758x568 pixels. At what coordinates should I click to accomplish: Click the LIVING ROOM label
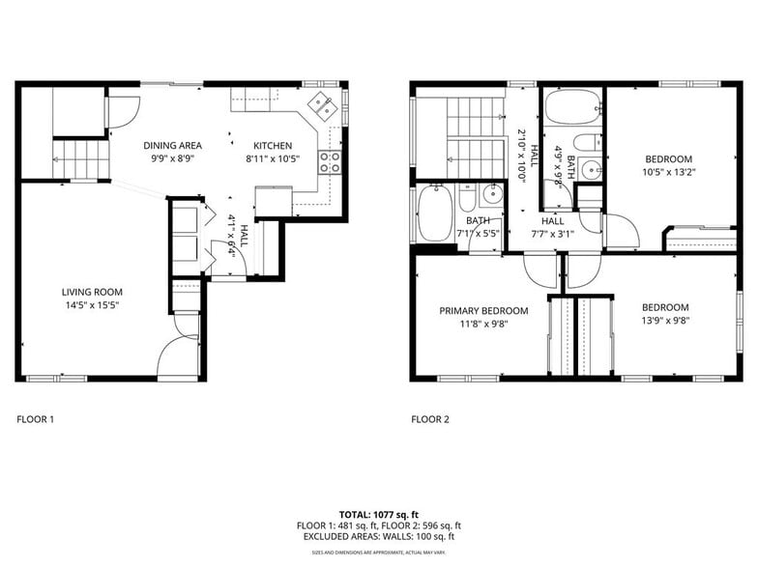click(92, 292)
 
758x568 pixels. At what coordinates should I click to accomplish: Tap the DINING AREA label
click(172, 146)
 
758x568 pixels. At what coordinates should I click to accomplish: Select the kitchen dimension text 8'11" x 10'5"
click(268, 158)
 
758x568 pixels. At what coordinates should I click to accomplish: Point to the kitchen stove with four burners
click(330, 161)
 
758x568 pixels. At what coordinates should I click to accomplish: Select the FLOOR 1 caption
click(36, 419)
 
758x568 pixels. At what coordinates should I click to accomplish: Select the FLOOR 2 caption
click(430, 419)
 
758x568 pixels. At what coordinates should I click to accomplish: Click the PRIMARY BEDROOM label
click(483, 311)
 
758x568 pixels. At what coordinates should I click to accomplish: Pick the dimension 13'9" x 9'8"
click(666, 321)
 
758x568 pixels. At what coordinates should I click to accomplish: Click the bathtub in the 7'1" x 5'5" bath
click(430, 213)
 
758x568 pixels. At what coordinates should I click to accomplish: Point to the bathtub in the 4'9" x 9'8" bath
click(572, 108)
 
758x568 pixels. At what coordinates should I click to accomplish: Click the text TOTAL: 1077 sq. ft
click(378, 514)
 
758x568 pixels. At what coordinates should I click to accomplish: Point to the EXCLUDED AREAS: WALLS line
click(378, 536)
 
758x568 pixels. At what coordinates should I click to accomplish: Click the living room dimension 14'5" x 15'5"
click(92, 305)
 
